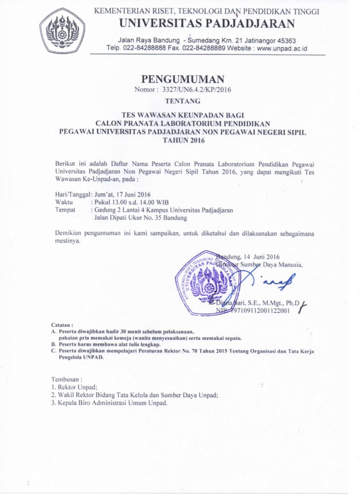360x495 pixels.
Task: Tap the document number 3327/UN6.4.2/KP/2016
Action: tap(191, 89)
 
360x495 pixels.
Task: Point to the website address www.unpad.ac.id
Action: tap(282, 48)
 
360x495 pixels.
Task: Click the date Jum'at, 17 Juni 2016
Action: tap(123, 194)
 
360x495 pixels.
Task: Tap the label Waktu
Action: tap(64, 202)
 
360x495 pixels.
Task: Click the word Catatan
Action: tap(62, 325)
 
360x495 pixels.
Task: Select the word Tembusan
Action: tap(67, 379)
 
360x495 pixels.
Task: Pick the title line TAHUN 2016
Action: tap(180, 141)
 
